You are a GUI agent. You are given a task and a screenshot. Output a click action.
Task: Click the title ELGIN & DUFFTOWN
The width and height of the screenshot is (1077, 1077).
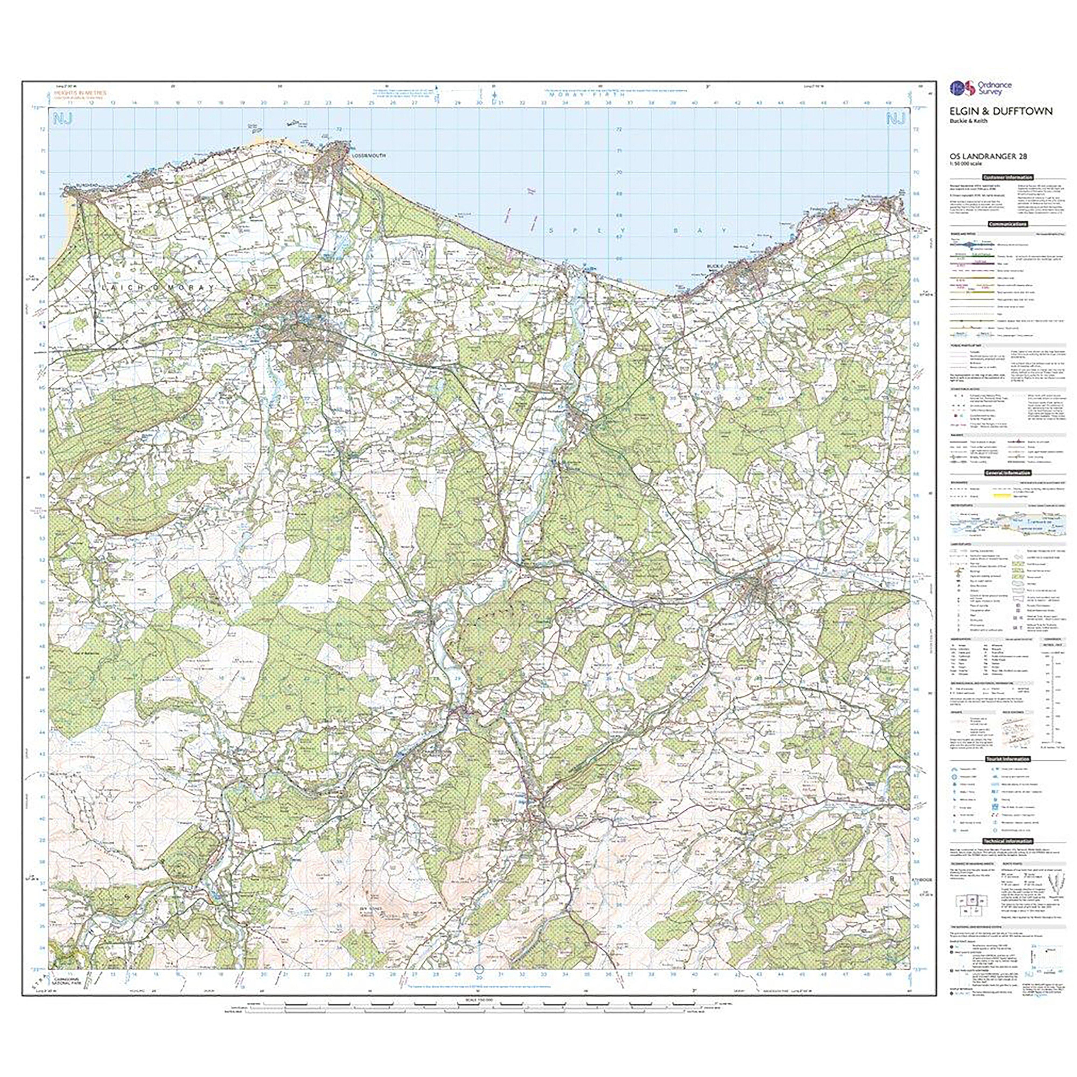[1001, 111]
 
